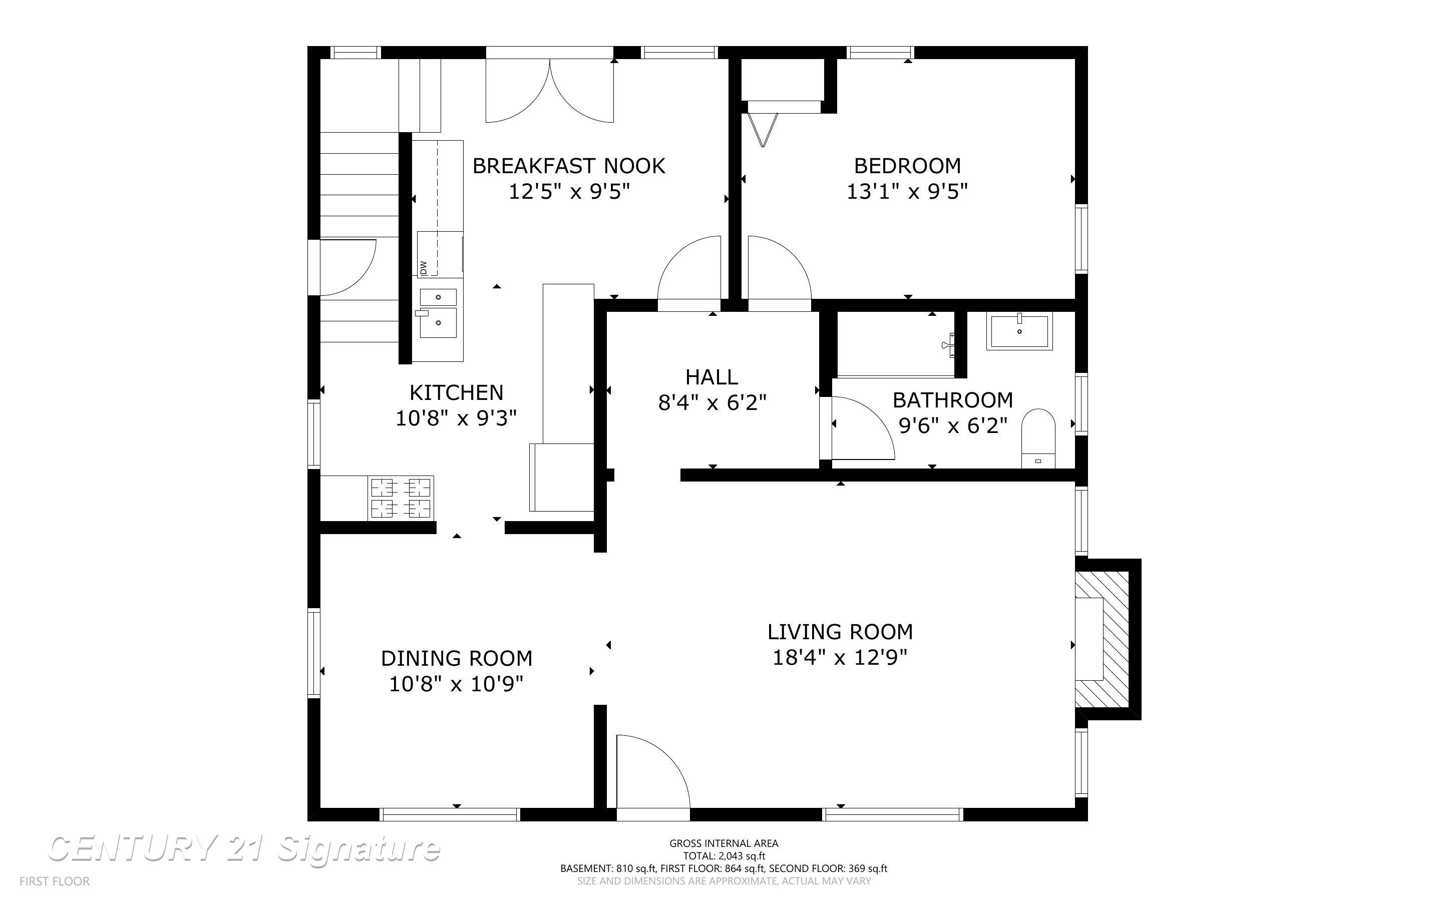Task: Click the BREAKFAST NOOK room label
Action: (569, 166)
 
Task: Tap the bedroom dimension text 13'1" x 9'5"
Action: (907, 192)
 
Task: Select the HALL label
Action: (711, 377)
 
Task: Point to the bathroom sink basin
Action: (1019, 332)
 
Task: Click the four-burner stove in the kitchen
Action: (401, 498)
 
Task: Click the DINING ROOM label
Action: (457, 658)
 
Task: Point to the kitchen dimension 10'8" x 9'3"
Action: (456, 418)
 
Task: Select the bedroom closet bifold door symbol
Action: (763, 129)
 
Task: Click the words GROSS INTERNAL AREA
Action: (723, 843)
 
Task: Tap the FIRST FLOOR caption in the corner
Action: (55, 881)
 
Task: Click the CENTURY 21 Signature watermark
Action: (244, 849)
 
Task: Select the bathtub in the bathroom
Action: (895, 344)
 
